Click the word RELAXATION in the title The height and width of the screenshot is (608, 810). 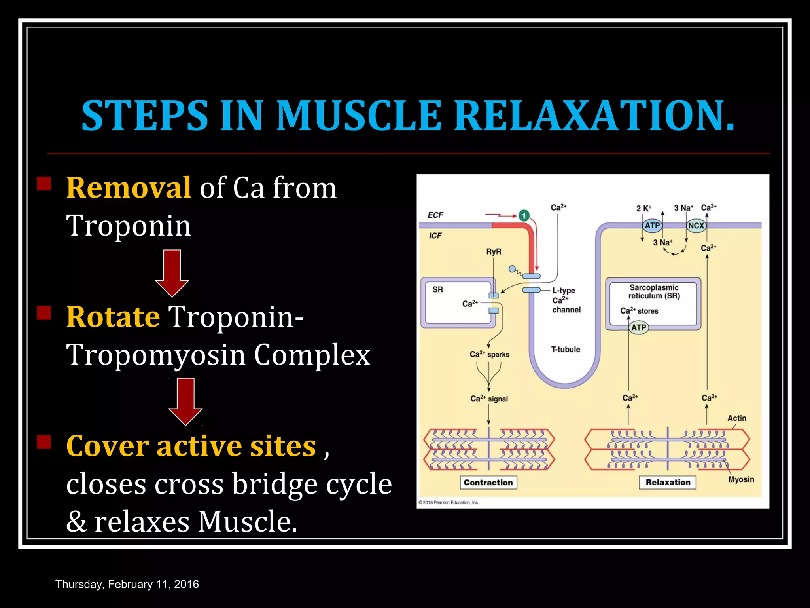pyautogui.click(x=593, y=116)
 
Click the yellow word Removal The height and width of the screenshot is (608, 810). pyautogui.click(x=129, y=188)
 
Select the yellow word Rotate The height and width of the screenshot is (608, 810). pyautogui.click(x=113, y=317)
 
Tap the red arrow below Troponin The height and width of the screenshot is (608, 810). pyautogui.click(x=172, y=273)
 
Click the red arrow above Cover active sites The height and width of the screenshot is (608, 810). pyautogui.click(x=185, y=401)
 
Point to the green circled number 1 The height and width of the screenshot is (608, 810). pyautogui.click(x=524, y=216)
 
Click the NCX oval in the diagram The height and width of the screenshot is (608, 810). pyautogui.click(x=696, y=226)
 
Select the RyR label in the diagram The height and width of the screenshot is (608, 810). pyautogui.click(x=494, y=252)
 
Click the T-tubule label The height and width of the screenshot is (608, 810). pyautogui.click(x=566, y=350)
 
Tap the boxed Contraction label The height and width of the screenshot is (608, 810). pyautogui.click(x=488, y=483)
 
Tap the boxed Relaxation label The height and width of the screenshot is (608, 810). pyautogui.click(x=668, y=482)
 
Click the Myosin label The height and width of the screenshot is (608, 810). pyautogui.click(x=741, y=479)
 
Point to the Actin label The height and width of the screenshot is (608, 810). pyautogui.click(x=737, y=418)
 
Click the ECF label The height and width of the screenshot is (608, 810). pyautogui.click(x=435, y=215)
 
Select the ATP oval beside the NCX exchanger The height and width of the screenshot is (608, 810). pyautogui.click(x=652, y=226)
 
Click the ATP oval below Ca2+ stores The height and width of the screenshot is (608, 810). pyautogui.click(x=639, y=328)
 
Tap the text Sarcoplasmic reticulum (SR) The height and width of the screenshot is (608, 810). pyautogui.click(x=654, y=292)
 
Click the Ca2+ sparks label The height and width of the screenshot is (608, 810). pyautogui.click(x=489, y=354)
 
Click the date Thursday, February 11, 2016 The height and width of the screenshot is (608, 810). pyautogui.click(x=127, y=584)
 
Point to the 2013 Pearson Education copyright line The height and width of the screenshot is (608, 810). pyautogui.click(x=449, y=502)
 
